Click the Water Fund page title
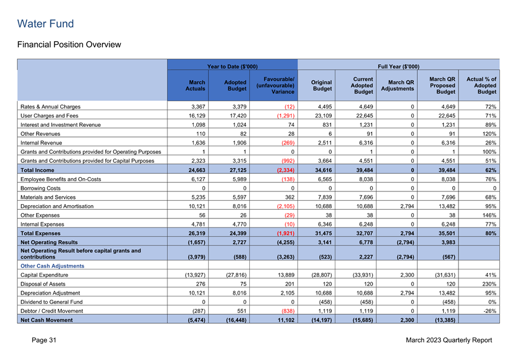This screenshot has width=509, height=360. [45, 24]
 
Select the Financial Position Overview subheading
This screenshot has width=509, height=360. [69, 44]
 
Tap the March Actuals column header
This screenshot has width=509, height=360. [195, 86]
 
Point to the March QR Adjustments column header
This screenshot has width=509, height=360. [401, 85]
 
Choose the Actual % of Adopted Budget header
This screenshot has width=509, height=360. [481, 85]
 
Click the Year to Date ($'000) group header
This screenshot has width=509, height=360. [232, 66]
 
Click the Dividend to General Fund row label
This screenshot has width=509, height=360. [52, 302]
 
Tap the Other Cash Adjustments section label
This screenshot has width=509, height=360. [52, 266]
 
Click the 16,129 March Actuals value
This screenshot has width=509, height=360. [197, 117]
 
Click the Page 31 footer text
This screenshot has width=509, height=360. [45, 341]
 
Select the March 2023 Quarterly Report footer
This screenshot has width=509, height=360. [448, 341]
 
